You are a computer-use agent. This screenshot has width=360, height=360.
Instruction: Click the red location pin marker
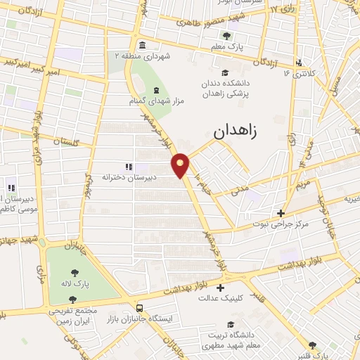(x=181, y=165)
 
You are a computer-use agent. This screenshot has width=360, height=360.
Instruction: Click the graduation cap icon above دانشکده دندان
(x=224, y=72)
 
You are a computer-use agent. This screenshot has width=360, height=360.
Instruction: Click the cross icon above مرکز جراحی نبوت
(x=281, y=213)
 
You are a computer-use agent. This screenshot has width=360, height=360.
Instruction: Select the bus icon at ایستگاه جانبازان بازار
(x=139, y=308)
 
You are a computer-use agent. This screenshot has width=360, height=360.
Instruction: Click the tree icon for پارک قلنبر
(x=314, y=345)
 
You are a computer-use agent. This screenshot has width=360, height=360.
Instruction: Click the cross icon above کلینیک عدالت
(x=221, y=287)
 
